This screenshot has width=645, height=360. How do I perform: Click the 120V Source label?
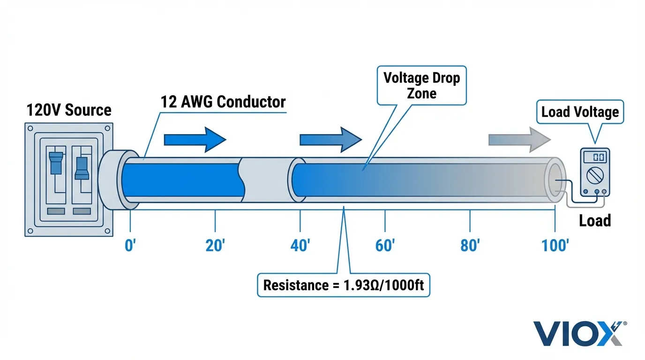(69, 110)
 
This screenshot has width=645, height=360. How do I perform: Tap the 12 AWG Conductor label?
(223, 102)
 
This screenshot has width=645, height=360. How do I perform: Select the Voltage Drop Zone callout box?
(422, 85)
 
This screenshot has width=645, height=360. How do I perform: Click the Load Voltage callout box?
(580, 112)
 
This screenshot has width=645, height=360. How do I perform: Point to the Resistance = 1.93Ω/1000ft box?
(343, 285)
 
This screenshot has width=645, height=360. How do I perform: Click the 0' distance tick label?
(130, 245)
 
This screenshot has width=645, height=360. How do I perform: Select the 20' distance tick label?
(215, 245)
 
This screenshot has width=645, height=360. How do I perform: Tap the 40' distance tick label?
(300, 245)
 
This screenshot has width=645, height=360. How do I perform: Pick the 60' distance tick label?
(385, 245)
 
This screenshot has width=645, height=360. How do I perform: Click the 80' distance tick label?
(470, 245)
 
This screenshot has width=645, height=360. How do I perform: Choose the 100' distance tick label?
(555, 245)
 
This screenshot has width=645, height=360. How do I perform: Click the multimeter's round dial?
(594, 176)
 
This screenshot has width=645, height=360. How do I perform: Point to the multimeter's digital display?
(594, 157)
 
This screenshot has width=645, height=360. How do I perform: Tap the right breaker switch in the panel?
(82, 168)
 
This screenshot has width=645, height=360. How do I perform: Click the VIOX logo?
(580, 333)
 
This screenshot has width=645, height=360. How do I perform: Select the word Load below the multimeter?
(594, 220)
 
